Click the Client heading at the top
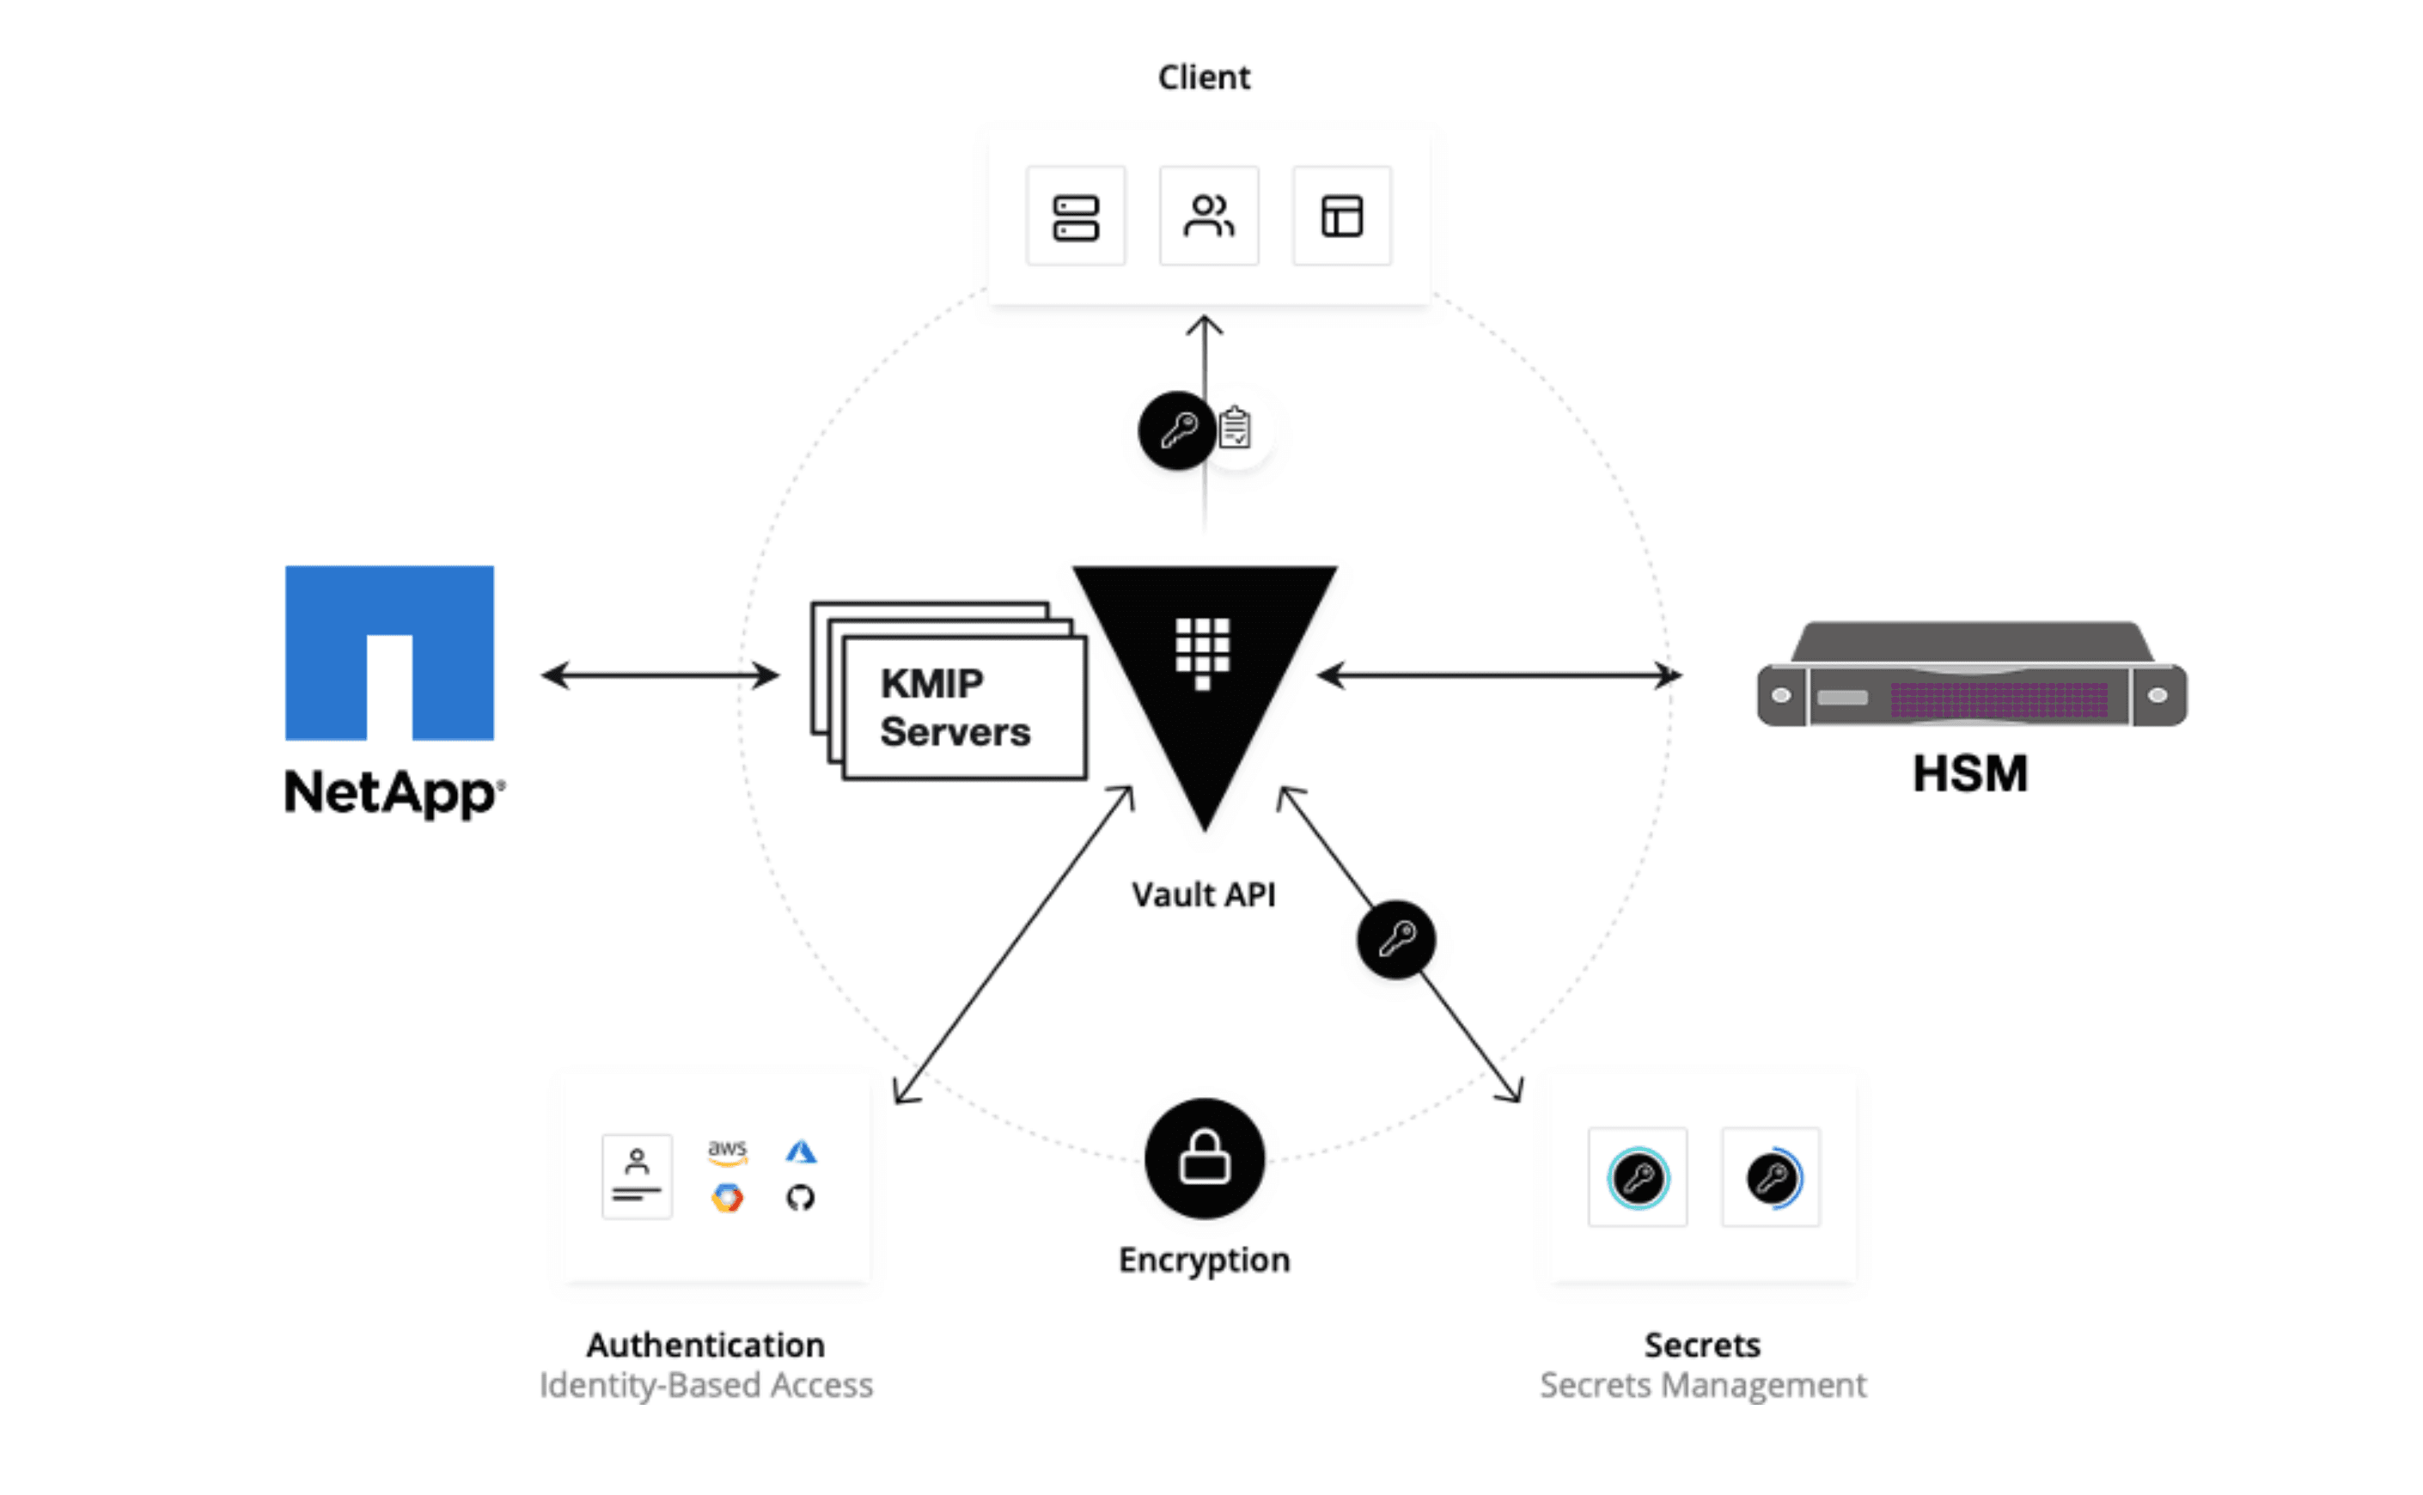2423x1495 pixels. (1203, 77)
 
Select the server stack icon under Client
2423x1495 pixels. (1076, 217)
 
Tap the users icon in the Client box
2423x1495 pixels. (1208, 217)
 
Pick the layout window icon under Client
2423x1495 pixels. (1341, 217)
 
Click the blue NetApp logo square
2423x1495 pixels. (389, 653)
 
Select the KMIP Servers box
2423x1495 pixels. (964, 707)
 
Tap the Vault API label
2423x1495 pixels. (1203, 894)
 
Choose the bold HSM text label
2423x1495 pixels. (1969, 773)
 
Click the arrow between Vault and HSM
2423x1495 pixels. (1498, 675)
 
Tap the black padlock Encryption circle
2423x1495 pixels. (1204, 1158)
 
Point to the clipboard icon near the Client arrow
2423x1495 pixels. (1235, 428)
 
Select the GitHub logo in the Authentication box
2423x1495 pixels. (800, 1199)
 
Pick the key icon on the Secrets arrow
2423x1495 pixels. (1396, 939)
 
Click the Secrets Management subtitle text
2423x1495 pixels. (1702, 1385)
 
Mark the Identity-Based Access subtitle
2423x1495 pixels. (705, 1385)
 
